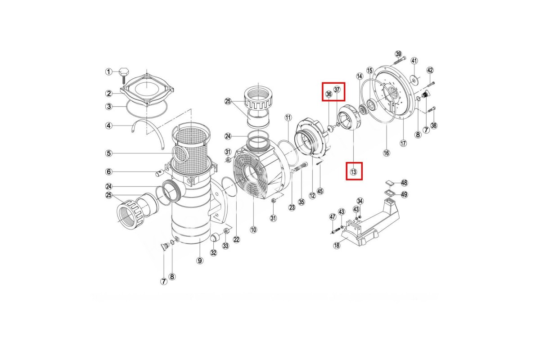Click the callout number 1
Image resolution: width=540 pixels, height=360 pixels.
(x=109, y=72)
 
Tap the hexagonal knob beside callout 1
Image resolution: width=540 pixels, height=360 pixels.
(x=124, y=72)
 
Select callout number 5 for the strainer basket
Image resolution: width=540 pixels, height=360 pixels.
(x=109, y=153)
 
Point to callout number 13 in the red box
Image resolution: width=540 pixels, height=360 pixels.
(x=353, y=172)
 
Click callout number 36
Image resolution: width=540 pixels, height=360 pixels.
(x=329, y=94)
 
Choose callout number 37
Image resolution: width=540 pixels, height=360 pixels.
(x=337, y=90)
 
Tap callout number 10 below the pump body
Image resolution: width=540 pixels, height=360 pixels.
(x=253, y=229)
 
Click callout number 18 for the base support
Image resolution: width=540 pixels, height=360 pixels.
(x=337, y=245)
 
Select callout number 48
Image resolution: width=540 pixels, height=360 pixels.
(x=404, y=183)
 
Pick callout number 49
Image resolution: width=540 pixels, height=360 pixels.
(x=404, y=194)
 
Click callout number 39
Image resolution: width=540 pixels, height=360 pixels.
(x=398, y=54)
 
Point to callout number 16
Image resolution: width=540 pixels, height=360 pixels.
(x=387, y=153)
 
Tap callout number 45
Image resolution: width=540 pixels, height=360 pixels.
(x=320, y=191)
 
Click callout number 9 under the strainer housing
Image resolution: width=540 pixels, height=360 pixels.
(x=200, y=261)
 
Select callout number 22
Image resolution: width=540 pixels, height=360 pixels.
(x=236, y=239)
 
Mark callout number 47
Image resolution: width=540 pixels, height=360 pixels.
(x=333, y=217)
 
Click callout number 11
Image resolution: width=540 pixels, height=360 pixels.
(x=288, y=117)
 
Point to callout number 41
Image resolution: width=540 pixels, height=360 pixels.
(x=414, y=60)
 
